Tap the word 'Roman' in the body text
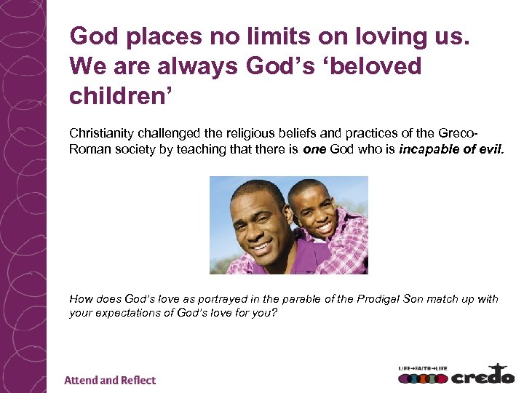coord(87,148)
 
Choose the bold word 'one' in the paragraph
coord(317,148)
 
